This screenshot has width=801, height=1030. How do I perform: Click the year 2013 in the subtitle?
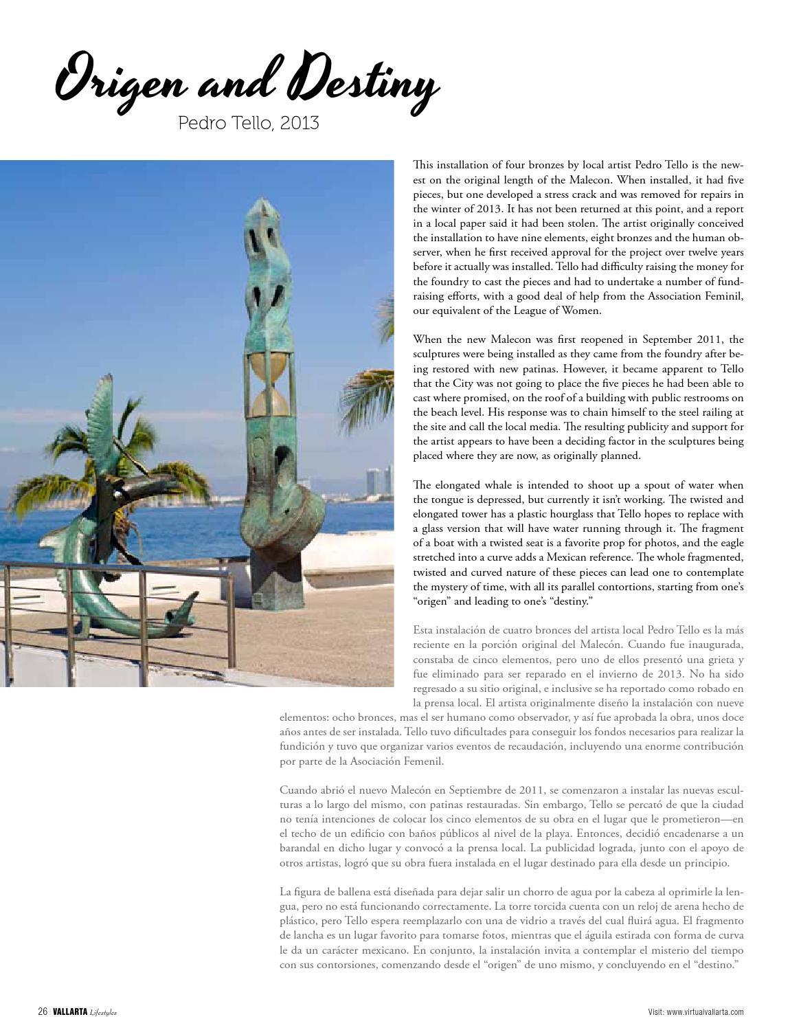[300, 123]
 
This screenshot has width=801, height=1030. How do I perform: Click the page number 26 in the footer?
[42, 1011]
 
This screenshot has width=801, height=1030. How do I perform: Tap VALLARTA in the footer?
[69, 1011]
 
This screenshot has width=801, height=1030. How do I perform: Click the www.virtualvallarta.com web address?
[705, 1011]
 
